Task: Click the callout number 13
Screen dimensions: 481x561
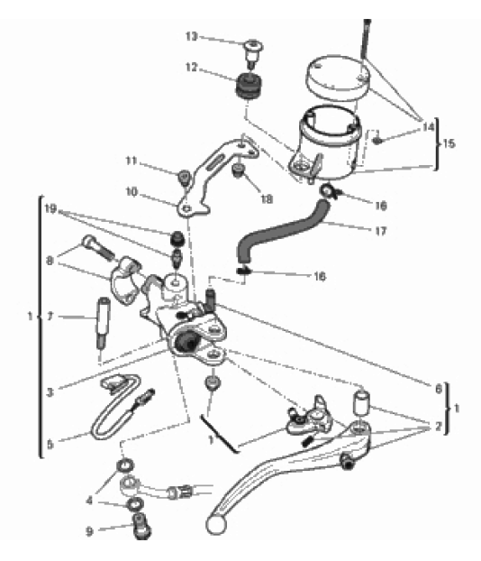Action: tap(192, 36)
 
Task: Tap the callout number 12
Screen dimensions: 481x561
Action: tap(192, 67)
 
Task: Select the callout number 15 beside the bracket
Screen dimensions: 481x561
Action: tap(449, 143)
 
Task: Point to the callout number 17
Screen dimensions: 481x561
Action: tap(381, 231)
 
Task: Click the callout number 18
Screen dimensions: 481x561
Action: tap(267, 199)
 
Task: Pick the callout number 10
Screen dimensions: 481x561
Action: tap(132, 192)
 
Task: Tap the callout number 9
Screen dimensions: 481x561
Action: tap(89, 531)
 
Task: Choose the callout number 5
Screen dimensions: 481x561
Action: tap(50, 445)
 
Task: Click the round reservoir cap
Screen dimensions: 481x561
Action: tap(338, 78)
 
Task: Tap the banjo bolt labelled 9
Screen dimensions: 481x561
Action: tap(142, 526)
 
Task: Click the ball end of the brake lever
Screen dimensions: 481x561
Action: tap(216, 525)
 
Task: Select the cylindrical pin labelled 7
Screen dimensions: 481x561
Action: tap(104, 323)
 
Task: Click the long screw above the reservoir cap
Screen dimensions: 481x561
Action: tap(366, 39)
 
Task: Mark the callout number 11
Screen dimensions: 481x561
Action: tap(132, 161)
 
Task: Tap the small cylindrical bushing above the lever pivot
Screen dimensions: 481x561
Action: tap(361, 403)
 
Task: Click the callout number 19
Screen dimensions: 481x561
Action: tap(50, 208)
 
